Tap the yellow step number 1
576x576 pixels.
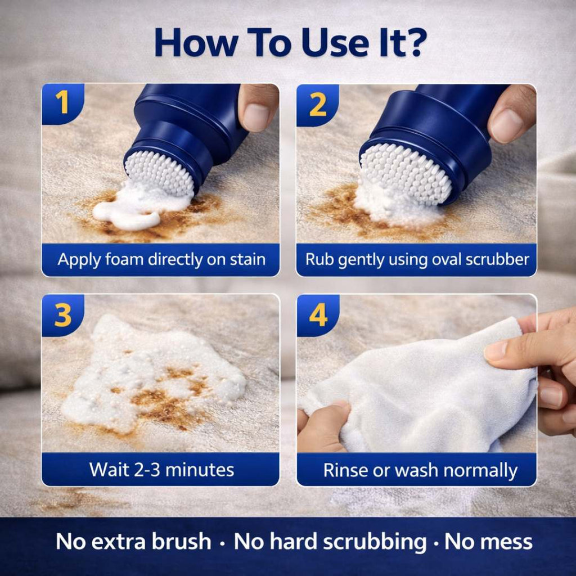[62, 104]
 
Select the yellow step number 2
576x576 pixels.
[318, 105]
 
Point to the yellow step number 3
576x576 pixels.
[62, 316]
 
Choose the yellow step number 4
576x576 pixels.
[318, 316]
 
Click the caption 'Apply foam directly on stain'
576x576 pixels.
[161, 260]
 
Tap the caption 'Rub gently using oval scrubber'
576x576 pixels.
[417, 260]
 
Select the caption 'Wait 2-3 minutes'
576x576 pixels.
[161, 470]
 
